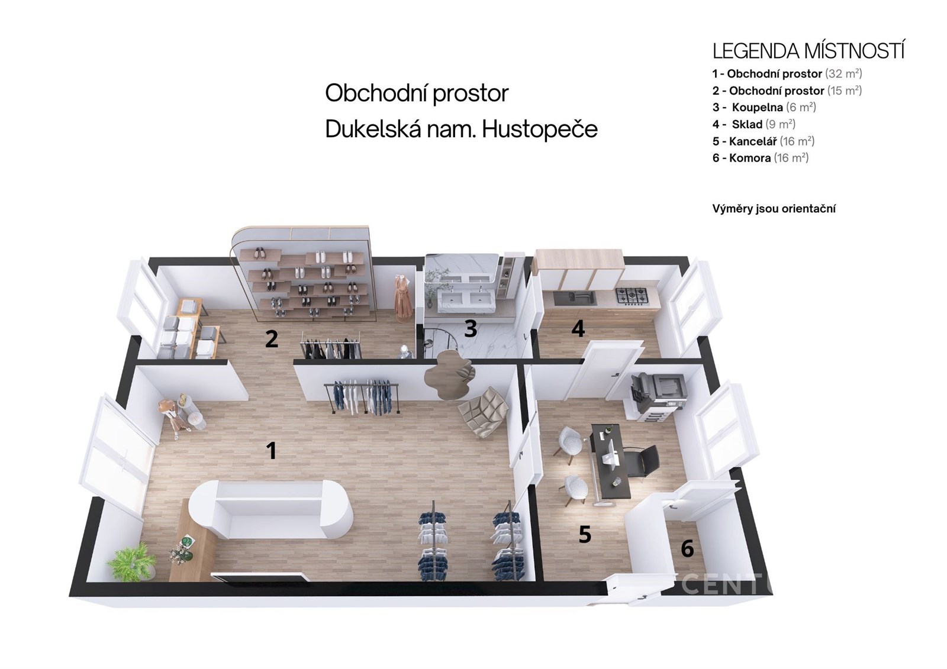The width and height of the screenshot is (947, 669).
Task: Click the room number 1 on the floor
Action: (272, 450)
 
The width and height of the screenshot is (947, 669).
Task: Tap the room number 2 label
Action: (272, 338)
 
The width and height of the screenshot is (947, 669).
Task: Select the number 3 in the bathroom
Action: (471, 328)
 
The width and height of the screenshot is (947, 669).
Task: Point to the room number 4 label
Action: (578, 328)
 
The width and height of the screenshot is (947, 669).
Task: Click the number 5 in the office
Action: (585, 535)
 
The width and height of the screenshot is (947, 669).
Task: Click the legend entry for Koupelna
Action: (764, 107)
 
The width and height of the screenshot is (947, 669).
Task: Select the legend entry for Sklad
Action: (754, 124)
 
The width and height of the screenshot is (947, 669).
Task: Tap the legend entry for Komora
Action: (760, 158)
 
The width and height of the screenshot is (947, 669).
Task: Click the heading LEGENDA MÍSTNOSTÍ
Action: (809, 51)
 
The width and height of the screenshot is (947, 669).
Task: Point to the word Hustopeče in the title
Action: (540, 130)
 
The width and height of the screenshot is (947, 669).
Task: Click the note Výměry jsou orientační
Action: (774, 209)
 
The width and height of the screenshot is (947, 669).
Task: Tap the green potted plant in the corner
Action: (132, 560)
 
